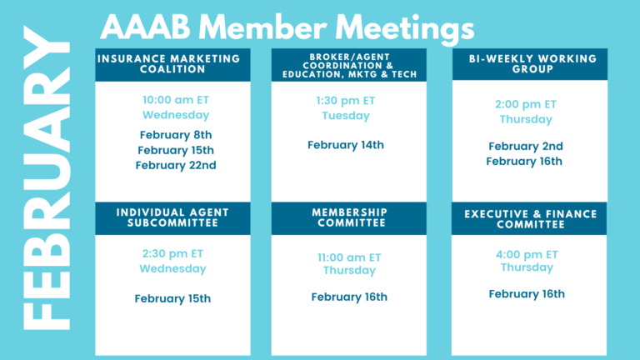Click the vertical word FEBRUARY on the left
click(46, 178)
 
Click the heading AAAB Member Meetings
click(287, 27)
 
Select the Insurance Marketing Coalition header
click(172, 64)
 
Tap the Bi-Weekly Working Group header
click(530, 64)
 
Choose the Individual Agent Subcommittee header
click(172, 218)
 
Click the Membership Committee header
click(349, 218)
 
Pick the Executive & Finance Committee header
click(529, 219)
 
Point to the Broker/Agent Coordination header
click(349, 65)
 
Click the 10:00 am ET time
click(176, 100)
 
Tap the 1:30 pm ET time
click(346, 101)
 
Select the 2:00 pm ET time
click(526, 104)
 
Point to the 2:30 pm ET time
click(172, 254)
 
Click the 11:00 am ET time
click(349, 257)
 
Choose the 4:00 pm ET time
click(527, 255)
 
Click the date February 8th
click(176, 135)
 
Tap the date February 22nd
click(176, 165)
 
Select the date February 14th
click(346, 145)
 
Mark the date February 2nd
click(526, 146)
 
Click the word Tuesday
click(346, 116)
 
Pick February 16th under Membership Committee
click(349, 297)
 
